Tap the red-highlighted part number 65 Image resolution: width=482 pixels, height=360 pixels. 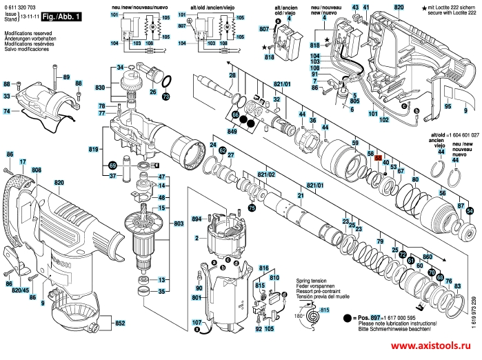(378, 158)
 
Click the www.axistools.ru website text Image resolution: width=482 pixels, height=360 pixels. (434, 348)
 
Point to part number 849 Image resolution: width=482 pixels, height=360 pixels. (233, 131)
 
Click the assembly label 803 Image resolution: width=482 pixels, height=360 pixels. (179, 224)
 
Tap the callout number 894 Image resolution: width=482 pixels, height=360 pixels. (197, 219)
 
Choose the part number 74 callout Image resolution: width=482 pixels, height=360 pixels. (6, 111)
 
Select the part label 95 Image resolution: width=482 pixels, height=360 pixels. (447, 107)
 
